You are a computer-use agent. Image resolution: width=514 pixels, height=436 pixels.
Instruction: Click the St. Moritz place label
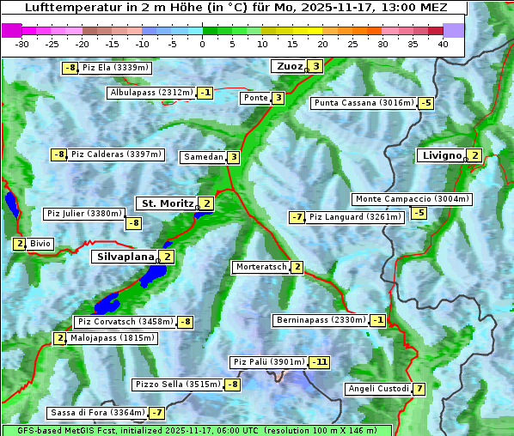(x=167, y=203)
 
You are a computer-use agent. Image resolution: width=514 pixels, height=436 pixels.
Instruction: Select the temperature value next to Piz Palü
(x=319, y=362)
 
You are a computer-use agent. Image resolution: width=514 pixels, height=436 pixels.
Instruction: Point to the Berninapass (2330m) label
(x=320, y=320)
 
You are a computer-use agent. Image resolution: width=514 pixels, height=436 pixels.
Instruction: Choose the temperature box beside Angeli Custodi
(x=419, y=389)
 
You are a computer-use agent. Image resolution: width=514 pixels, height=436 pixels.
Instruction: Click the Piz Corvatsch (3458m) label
(x=125, y=322)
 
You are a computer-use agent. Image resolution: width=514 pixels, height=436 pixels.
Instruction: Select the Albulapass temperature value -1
(x=205, y=93)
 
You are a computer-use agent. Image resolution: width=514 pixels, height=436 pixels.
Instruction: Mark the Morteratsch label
(x=261, y=267)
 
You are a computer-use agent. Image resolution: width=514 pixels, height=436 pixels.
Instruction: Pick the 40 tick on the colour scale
(x=443, y=44)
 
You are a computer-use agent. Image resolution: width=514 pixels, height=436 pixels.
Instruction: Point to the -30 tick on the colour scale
(x=22, y=44)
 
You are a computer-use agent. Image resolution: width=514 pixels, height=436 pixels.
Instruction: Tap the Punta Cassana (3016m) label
(x=364, y=103)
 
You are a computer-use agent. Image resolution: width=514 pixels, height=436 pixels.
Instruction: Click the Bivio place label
(x=40, y=244)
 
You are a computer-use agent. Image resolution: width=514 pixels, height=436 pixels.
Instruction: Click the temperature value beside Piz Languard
(x=297, y=217)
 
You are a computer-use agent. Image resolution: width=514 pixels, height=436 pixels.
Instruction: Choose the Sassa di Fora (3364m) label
(x=97, y=413)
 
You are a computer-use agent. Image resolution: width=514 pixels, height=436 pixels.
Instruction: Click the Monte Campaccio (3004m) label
(x=412, y=199)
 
